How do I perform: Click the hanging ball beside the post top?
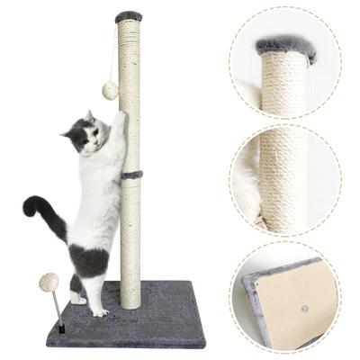click(111, 90)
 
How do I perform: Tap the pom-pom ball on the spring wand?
click(49, 282)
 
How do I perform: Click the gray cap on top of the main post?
click(129, 16)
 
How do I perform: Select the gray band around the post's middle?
click(131, 173)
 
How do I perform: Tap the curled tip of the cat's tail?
click(29, 206)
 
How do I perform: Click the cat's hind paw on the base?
click(96, 310)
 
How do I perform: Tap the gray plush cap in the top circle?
click(284, 47)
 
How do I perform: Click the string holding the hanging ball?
click(112, 54)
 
